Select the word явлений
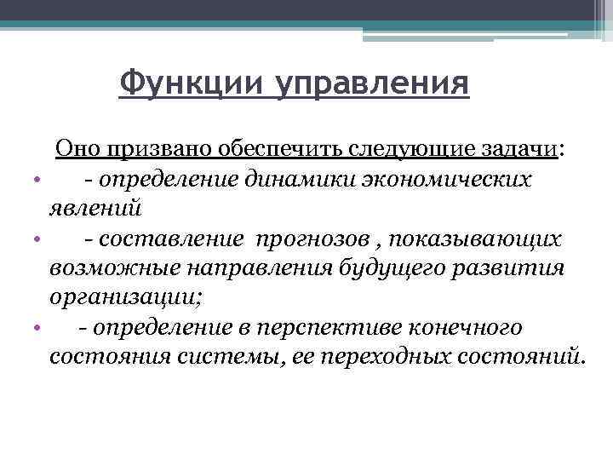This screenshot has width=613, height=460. point(95,209)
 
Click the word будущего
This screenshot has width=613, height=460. point(375,268)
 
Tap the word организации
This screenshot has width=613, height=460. point(127,298)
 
